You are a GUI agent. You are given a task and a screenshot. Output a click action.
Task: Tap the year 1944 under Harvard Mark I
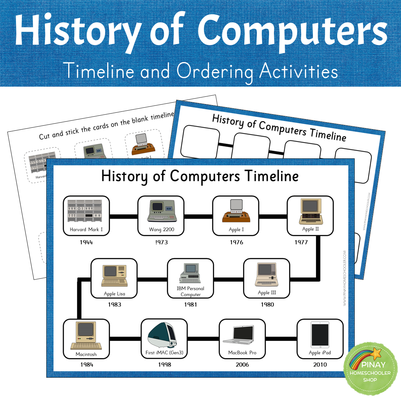click(x=86, y=242)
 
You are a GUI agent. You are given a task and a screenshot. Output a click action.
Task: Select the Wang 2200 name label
click(x=162, y=229)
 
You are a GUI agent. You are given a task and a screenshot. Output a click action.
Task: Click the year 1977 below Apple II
click(x=301, y=242)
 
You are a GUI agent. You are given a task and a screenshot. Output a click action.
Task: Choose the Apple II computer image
click(x=310, y=211)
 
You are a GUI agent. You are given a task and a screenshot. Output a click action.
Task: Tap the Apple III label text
click(x=267, y=293)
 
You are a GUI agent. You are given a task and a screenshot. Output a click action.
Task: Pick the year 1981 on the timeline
click(x=190, y=305)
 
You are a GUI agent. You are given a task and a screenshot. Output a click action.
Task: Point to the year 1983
click(x=115, y=305)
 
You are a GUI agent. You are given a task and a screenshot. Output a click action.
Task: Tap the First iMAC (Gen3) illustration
click(x=163, y=335)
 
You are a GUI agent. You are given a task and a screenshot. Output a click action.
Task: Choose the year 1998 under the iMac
click(x=165, y=364)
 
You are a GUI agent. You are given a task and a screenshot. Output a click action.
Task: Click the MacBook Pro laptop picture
click(x=239, y=335)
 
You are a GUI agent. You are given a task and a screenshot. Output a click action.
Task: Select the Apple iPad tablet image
click(x=320, y=335)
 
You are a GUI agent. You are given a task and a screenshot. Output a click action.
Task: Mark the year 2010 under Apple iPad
click(x=320, y=364)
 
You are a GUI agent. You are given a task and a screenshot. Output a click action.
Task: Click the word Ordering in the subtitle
click(x=215, y=72)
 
